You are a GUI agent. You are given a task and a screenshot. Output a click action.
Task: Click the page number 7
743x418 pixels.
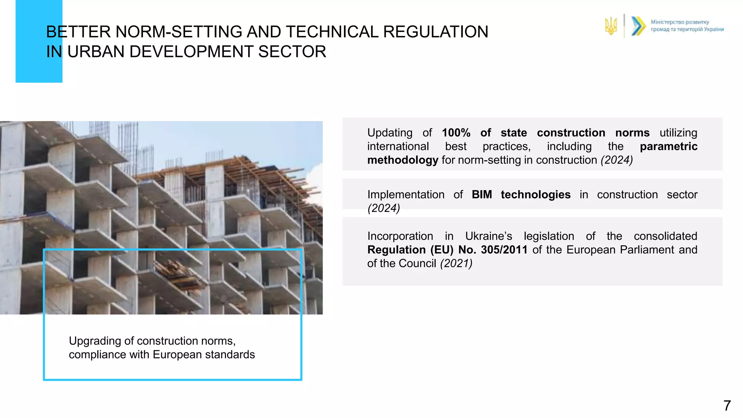click(727, 406)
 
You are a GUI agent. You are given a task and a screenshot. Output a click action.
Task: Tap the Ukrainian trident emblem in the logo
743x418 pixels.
click(611, 26)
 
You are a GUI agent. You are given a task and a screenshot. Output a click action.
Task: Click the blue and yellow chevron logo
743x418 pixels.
click(638, 26)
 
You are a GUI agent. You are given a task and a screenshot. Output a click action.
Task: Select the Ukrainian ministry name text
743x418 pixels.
click(687, 26)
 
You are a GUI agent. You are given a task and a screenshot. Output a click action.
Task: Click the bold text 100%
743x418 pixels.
click(456, 133)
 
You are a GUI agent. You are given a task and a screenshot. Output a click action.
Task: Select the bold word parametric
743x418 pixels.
click(668, 146)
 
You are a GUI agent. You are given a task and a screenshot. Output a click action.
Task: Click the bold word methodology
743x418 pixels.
click(403, 160)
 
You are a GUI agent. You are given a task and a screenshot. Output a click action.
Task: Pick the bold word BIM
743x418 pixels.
click(481, 194)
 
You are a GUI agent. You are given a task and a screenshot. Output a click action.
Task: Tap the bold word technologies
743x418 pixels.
click(535, 194)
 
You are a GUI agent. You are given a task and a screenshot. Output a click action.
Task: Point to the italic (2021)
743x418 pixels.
click(456, 263)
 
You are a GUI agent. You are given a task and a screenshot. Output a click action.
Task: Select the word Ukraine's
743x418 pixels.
click(488, 236)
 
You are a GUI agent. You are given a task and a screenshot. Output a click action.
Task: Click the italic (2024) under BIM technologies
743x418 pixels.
click(383, 208)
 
